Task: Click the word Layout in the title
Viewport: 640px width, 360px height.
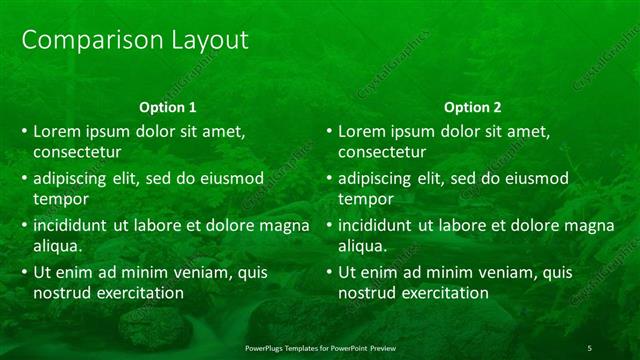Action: click(x=203, y=40)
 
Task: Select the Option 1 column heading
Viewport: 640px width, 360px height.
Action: click(x=167, y=107)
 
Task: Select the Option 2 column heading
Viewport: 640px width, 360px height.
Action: click(x=473, y=107)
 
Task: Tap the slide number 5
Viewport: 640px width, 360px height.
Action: click(x=590, y=347)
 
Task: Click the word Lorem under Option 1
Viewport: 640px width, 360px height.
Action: click(x=57, y=131)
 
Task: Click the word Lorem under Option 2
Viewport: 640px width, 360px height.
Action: click(x=362, y=131)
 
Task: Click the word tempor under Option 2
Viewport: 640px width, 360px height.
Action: click(x=364, y=199)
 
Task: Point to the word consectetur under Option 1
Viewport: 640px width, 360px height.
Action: click(x=77, y=152)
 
